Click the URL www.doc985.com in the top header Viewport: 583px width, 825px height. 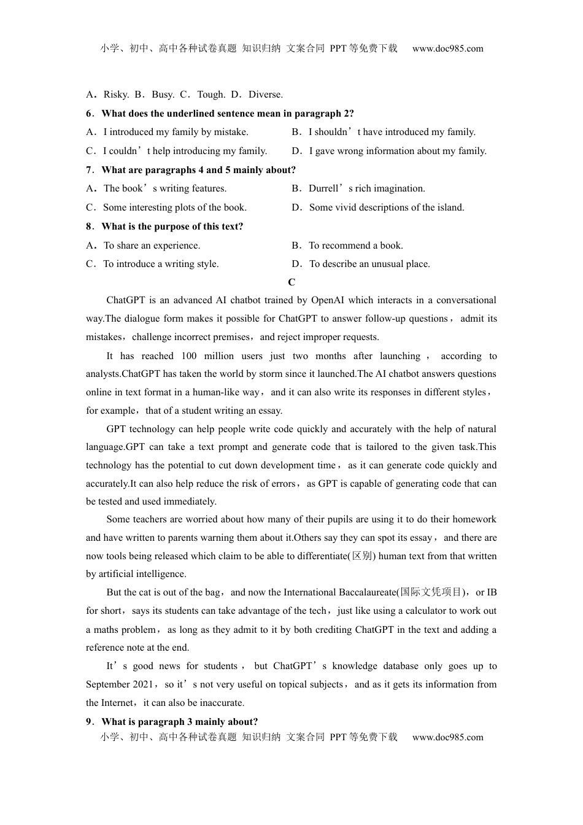point(447,48)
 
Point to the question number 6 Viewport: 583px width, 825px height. point(89,114)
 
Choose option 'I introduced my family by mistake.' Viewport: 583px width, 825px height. point(176,132)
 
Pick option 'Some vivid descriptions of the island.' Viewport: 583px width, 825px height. point(387,207)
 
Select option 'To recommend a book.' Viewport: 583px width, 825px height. point(356,246)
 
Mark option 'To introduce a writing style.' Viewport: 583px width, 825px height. point(161,264)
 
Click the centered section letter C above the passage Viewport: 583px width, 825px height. point(291,282)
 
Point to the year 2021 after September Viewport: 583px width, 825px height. point(142,684)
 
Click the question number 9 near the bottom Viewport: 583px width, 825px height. point(89,722)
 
